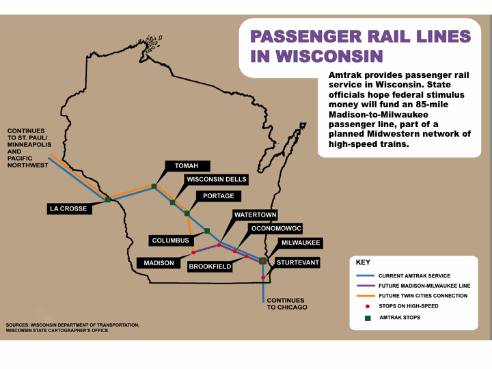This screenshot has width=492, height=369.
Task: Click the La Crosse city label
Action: click(68, 208)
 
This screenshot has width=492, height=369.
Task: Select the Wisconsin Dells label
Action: click(216, 180)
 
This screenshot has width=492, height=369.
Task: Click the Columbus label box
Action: click(170, 241)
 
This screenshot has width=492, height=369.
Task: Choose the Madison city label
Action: click(159, 262)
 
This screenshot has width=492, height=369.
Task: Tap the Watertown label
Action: click(254, 215)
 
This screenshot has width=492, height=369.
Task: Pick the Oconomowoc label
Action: click(276, 228)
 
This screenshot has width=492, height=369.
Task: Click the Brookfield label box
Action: click(210, 266)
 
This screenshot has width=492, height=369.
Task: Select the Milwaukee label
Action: click(300, 243)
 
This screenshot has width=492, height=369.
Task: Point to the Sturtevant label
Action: click(298, 262)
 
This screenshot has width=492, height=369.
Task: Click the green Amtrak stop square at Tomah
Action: click(154, 186)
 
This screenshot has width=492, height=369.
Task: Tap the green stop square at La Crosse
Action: click(108, 200)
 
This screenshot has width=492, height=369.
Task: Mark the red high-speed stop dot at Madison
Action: click(193, 253)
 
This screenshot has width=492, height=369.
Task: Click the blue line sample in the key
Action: click(367, 275)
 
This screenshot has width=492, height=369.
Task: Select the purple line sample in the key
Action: click(367, 285)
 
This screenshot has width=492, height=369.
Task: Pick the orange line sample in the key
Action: click(367, 295)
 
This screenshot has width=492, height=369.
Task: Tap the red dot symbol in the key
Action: click(368, 306)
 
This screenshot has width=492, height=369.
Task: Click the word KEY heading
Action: click(364, 262)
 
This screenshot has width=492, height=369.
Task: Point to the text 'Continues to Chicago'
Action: click(286, 303)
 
